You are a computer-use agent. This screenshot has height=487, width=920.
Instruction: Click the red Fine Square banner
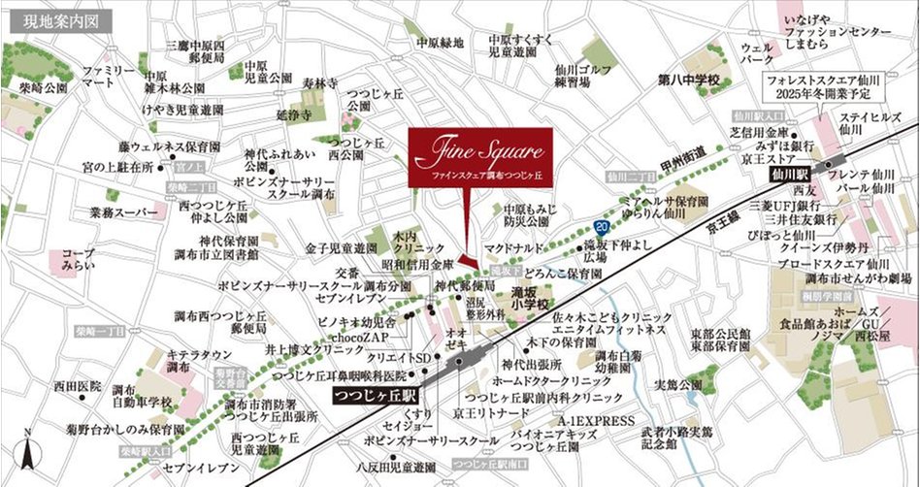tap(480, 157)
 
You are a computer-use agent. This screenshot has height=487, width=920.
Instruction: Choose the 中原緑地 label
tap(441, 43)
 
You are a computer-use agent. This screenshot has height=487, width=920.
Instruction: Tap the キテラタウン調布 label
tap(192, 361)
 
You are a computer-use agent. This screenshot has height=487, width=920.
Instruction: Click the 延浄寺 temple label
tap(290, 114)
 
